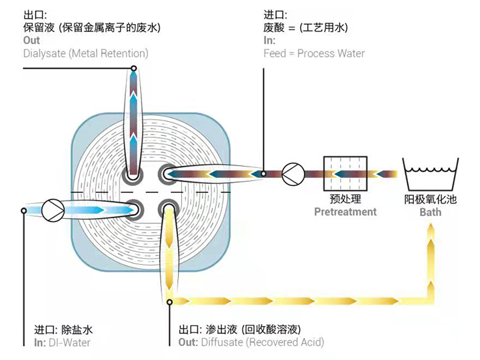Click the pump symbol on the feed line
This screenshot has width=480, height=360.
click(292, 174)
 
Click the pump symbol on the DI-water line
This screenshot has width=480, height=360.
click(53, 210)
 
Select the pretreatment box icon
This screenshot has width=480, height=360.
click(345, 174)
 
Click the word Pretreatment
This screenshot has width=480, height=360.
click(345, 212)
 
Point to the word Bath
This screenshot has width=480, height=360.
click(430, 213)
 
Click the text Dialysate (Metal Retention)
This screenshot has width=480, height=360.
click(85, 53)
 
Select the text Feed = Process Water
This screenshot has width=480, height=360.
click(314, 53)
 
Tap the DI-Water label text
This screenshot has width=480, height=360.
click(68, 343)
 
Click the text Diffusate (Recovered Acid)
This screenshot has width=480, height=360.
click(260, 343)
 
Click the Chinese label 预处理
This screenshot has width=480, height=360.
click(345, 199)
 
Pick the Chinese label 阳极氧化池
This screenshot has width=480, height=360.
click(430, 199)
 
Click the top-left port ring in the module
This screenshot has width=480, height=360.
click(133, 175)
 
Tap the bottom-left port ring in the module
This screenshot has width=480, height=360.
click(133, 209)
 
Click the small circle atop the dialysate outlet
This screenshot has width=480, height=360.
click(133, 67)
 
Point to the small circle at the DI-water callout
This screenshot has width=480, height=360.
click(24, 210)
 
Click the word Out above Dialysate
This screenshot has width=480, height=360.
click(31, 41)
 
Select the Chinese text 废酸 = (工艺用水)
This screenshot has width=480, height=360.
click(306, 27)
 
